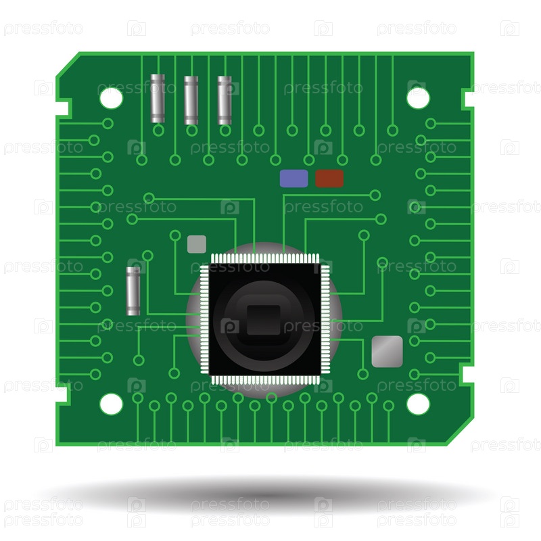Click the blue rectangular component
(293, 179)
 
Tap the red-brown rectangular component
(329, 179)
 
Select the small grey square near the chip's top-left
(197, 244)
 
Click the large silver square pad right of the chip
(387, 351)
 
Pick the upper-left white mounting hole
(111, 98)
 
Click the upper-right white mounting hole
(418, 98)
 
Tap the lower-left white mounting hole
(111, 404)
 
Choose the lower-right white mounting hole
(418, 404)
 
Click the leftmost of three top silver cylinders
(158, 98)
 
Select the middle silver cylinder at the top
(191, 100)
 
